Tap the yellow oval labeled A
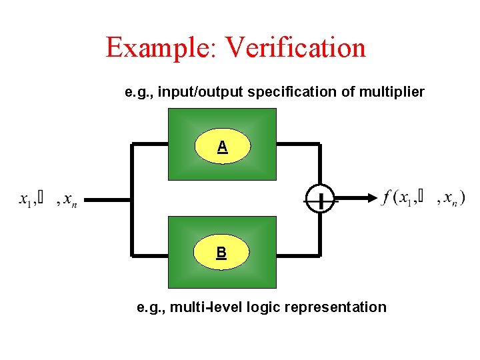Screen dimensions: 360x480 pos(222,147)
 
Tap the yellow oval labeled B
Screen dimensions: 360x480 pos(221,253)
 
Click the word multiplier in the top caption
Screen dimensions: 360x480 pos(391,92)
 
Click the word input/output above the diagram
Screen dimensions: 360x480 pos(199,92)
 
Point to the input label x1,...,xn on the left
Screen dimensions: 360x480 pos(48,199)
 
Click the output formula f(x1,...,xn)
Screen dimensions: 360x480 pos(424,198)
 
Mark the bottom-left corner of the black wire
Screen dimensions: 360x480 pos(133,255)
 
